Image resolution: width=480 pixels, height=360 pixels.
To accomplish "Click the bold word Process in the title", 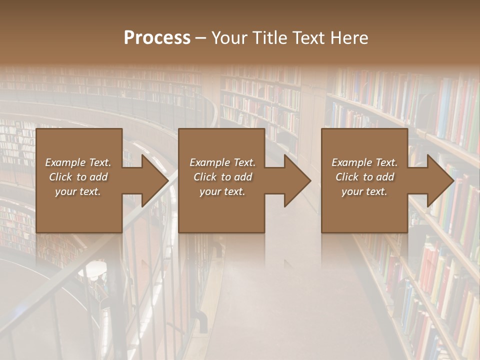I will pos(157,38).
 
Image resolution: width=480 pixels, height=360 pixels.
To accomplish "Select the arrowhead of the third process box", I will pos(439,180).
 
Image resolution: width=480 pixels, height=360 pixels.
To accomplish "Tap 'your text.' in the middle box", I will pos(222,191).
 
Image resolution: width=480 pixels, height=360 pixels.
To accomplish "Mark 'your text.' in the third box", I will pos(364,191).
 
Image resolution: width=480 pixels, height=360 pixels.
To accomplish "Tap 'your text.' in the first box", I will pos(78,191).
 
